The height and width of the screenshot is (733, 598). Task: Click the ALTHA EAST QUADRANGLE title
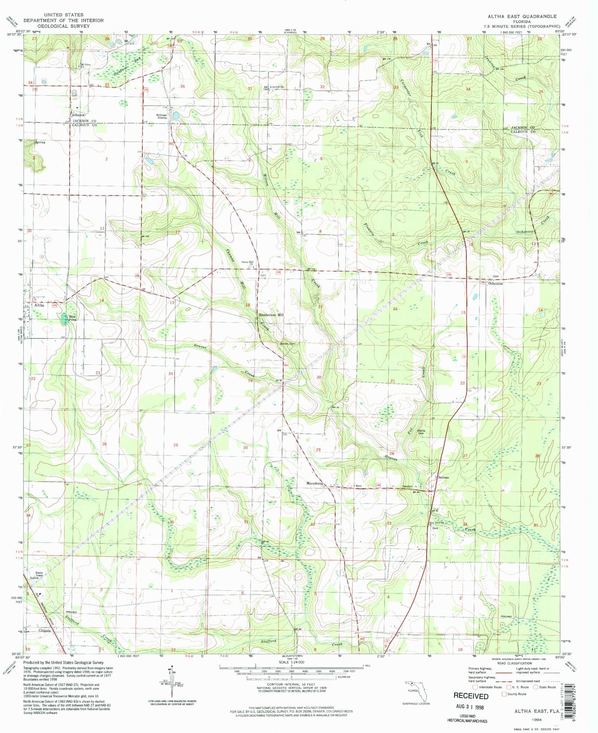522,16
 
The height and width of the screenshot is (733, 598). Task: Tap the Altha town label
39,305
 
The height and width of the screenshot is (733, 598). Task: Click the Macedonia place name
315,483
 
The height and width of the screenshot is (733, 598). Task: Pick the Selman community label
443,477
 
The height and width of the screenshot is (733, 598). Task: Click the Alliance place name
78,115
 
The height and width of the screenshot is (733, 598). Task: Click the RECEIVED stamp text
471,696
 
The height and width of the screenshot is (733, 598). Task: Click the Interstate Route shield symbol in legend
475,687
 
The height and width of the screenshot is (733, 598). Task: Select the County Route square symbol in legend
504,694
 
